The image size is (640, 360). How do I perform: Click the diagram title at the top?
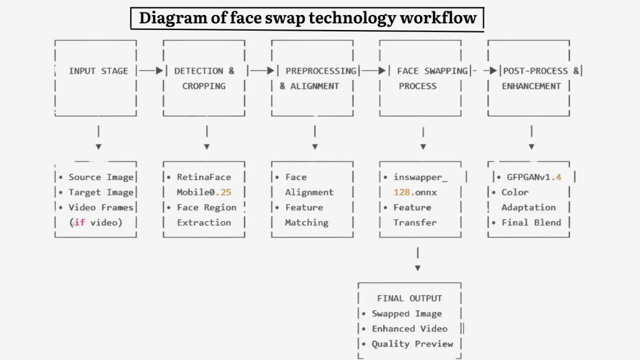point(307,18)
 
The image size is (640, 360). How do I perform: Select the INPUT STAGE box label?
point(98,71)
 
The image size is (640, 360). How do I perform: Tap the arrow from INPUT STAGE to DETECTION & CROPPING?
point(151,71)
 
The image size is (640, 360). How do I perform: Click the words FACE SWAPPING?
point(432,71)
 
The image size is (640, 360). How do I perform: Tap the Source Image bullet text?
point(101,177)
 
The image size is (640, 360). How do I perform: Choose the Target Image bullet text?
point(101,192)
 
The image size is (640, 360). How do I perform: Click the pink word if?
point(79,222)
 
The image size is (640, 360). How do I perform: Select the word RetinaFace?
point(204,177)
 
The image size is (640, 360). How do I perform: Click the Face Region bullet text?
point(206,207)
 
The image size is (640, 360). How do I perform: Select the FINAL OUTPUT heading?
point(409,299)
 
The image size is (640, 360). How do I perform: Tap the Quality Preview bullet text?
point(412,344)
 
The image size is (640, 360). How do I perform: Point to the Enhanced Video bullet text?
point(409,329)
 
